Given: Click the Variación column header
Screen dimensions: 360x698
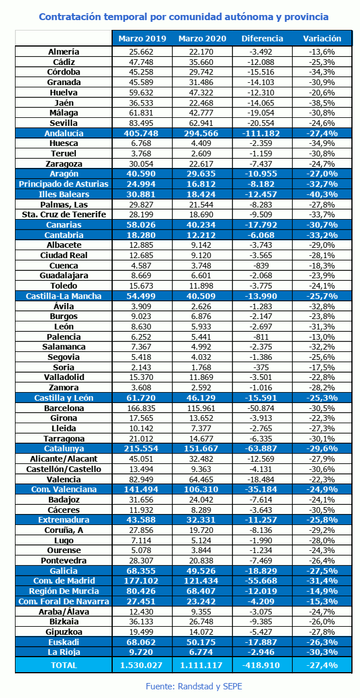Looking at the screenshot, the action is pyautogui.click(x=322, y=39).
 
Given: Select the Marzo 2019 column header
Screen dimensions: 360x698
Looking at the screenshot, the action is pyautogui.click(x=142, y=39).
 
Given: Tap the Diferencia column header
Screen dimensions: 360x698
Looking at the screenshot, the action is pyautogui.click(x=262, y=39).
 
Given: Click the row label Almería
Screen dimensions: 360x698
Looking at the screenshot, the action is pyautogui.click(x=64, y=52).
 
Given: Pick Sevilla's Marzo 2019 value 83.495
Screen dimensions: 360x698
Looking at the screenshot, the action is pyautogui.click(x=141, y=123).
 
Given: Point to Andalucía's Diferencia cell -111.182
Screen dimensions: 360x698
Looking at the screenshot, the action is pyautogui.click(x=261, y=133).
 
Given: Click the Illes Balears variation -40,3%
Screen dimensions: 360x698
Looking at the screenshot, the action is pyautogui.click(x=322, y=194).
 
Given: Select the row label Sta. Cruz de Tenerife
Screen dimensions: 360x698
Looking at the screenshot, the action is pyautogui.click(x=64, y=214).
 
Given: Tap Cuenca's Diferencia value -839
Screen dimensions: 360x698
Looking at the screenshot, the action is pyautogui.click(x=261, y=266).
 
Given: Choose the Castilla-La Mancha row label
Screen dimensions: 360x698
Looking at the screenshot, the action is pyautogui.click(x=64, y=296).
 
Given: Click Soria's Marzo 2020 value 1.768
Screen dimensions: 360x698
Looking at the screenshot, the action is pyautogui.click(x=201, y=367).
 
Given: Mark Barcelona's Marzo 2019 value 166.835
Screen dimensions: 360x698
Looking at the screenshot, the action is pyautogui.click(x=141, y=408).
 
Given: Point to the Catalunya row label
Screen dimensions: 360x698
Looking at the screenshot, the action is pyautogui.click(x=64, y=448).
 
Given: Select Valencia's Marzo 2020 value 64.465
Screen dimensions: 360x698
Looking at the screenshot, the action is pyautogui.click(x=201, y=480).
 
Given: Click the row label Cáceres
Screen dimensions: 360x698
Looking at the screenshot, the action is pyautogui.click(x=64, y=510).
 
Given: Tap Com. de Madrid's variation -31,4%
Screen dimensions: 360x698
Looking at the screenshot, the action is pyautogui.click(x=322, y=581).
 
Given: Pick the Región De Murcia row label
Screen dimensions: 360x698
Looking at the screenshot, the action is pyautogui.click(x=64, y=591).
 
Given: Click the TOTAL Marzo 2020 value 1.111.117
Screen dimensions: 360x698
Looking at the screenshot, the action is pyautogui.click(x=201, y=665).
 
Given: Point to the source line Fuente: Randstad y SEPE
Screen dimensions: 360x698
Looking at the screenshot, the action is pyautogui.click(x=194, y=686).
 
